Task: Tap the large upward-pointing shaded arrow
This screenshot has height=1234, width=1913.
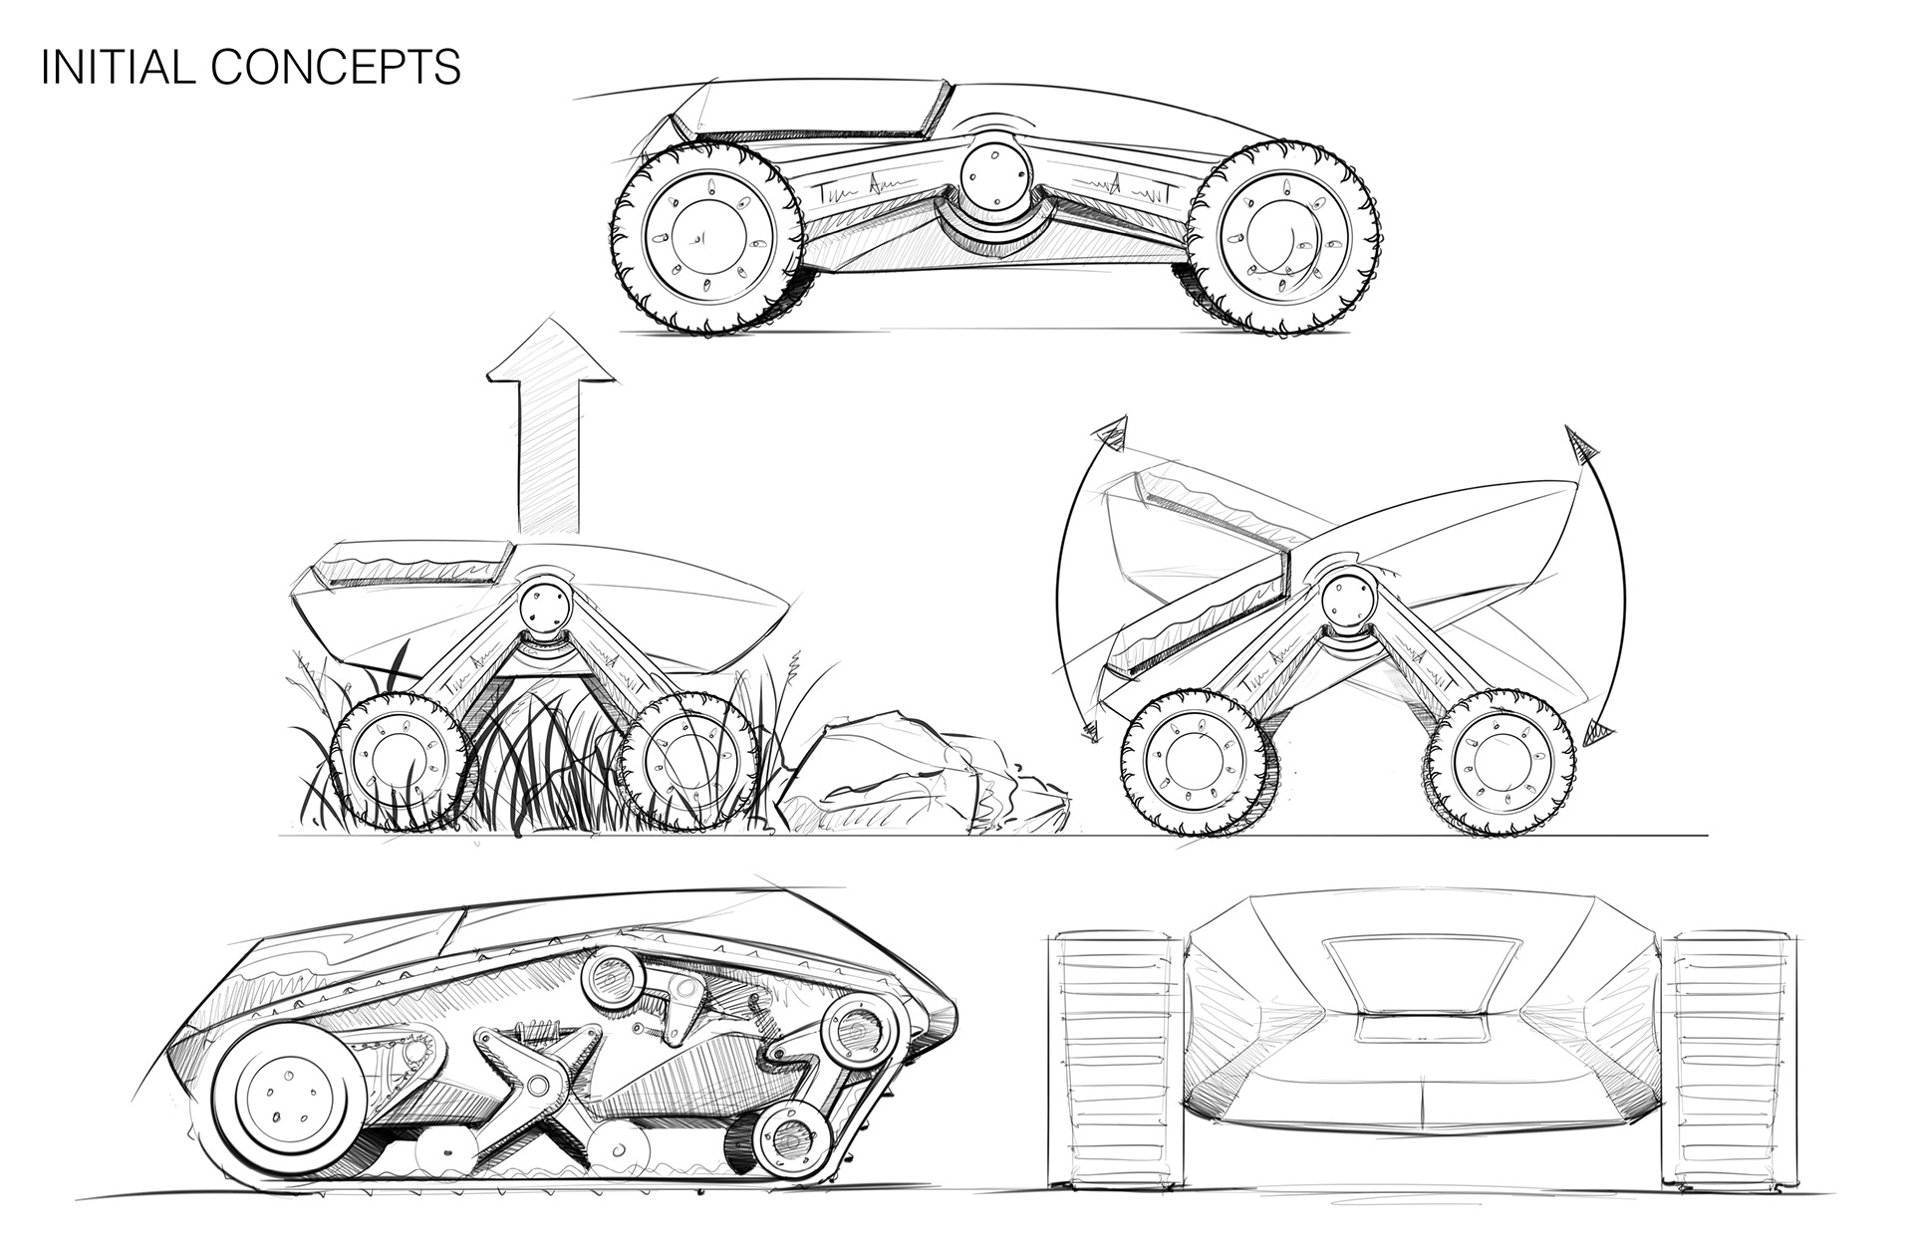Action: [547, 428]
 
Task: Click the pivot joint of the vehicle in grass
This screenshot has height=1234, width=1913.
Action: [544, 605]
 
